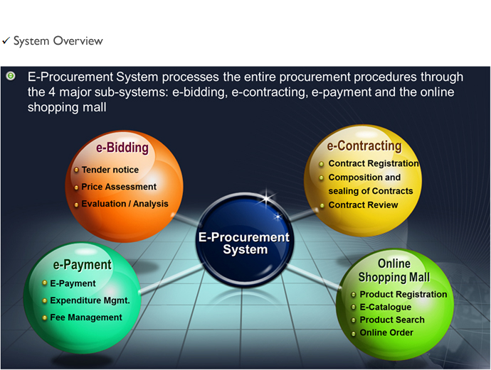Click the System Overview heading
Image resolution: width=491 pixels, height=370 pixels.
pyautogui.click(x=58, y=41)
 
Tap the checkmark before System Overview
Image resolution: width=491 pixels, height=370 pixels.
pyautogui.click(x=6, y=40)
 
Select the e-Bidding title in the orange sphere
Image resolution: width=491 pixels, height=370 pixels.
pyautogui.click(x=122, y=148)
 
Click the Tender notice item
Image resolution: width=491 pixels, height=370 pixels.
pyautogui.click(x=110, y=170)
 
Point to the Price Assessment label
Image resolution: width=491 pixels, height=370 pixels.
pyautogui.click(x=119, y=187)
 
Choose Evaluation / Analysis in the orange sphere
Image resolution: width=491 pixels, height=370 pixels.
pyautogui.click(x=125, y=204)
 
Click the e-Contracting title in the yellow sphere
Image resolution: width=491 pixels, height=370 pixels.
pyautogui.click(x=364, y=146)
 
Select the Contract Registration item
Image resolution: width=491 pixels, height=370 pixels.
pyautogui.click(x=374, y=163)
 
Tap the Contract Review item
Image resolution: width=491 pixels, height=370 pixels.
pyautogui.click(x=363, y=205)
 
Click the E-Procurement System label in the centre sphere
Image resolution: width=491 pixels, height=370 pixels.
pyautogui.click(x=244, y=244)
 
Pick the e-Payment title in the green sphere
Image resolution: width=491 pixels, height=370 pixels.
pyautogui.click(x=82, y=265)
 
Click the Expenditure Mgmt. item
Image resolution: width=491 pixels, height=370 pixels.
pyautogui.click(x=90, y=300)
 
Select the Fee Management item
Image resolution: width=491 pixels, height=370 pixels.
pyautogui.click(x=86, y=317)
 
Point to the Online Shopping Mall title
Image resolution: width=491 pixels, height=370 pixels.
pyautogui.click(x=394, y=271)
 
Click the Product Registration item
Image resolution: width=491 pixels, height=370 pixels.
pyautogui.click(x=403, y=295)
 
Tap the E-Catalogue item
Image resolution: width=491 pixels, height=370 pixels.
pyautogui.click(x=386, y=308)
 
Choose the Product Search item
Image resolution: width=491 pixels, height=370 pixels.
pyautogui.click(x=392, y=320)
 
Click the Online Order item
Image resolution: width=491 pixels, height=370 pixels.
pyautogui.click(x=386, y=333)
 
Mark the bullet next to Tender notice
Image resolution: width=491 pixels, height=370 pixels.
pyautogui.click(x=76, y=170)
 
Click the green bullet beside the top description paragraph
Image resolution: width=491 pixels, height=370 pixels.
pyautogui.click(x=11, y=76)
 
